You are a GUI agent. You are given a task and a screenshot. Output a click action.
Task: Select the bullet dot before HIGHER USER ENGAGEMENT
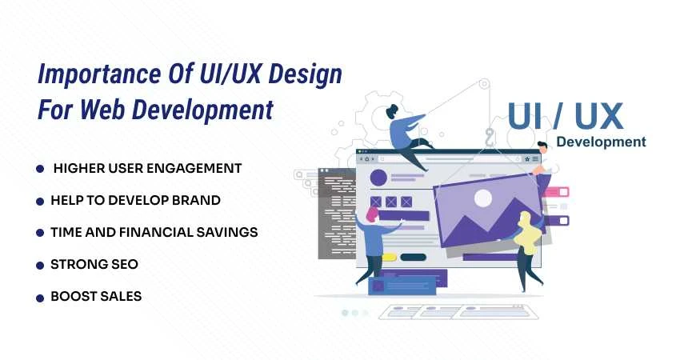(39, 169)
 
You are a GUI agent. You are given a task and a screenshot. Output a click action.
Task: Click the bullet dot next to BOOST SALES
(39, 297)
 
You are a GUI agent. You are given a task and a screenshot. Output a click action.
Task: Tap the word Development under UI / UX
(601, 142)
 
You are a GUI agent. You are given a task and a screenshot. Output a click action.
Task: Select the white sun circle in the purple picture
(482, 198)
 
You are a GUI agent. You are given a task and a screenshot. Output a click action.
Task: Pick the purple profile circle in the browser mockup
(378, 177)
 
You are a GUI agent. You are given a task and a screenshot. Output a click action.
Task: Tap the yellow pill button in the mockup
(390, 258)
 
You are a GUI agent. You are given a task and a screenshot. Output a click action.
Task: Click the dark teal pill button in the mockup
(413, 258)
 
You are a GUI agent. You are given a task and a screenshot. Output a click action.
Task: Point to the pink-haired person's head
(372, 214)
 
